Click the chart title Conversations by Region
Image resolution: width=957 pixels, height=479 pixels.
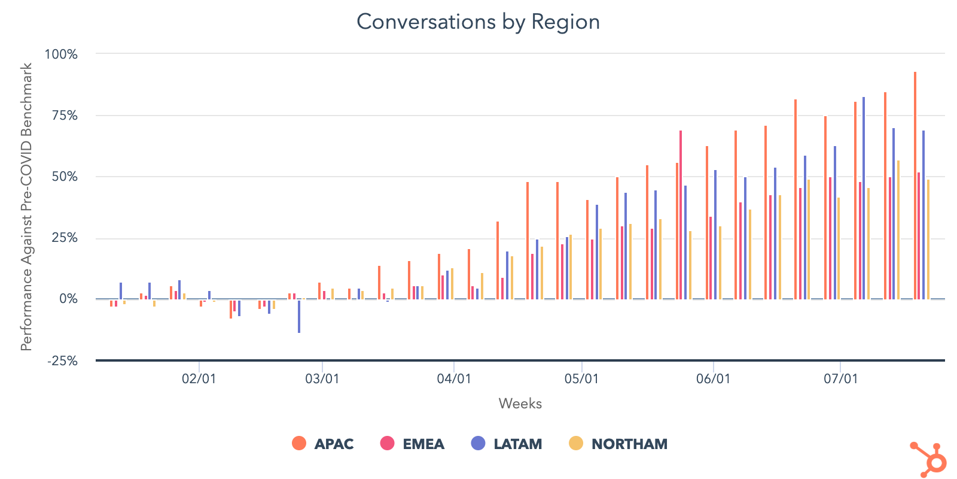[478, 22]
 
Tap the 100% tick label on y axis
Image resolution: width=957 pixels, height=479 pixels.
[61, 54]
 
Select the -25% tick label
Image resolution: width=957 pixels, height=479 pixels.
[62, 361]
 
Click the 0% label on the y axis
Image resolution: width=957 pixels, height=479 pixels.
[68, 299]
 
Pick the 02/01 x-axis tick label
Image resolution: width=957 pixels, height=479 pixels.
[199, 378]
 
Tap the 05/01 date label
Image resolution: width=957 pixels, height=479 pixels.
[581, 378]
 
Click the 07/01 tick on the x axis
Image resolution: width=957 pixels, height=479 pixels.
[840, 378]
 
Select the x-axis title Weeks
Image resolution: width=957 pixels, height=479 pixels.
[520, 404]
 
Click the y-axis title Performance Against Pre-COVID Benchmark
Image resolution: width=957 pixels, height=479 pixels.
[26, 207]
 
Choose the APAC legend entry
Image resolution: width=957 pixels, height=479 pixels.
[323, 444]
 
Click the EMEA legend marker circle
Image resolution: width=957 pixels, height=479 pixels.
[388, 443]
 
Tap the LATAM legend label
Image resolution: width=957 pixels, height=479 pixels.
[517, 444]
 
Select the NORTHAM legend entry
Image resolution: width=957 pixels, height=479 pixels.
[629, 444]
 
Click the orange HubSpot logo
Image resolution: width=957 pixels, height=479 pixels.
[928, 459]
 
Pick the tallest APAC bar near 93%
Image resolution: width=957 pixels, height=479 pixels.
[915, 186]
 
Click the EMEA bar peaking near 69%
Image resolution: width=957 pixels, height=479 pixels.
[681, 215]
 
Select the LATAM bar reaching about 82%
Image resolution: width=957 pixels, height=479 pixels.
[864, 198]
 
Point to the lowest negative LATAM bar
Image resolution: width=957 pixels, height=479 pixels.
[299, 316]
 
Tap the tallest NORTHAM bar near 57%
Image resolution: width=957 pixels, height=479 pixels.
[898, 230]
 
